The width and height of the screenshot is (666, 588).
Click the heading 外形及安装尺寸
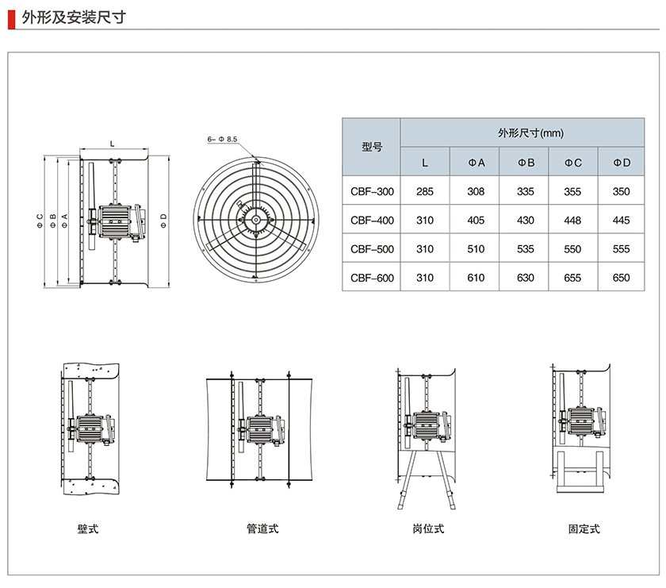pos(73,16)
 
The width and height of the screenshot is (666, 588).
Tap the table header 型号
pos(371,147)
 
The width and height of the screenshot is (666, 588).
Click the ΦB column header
pos(526,163)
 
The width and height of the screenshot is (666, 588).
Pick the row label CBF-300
pos(371,191)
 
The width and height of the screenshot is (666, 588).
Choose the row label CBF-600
pos(371,278)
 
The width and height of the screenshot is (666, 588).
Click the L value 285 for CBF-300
pos(425,191)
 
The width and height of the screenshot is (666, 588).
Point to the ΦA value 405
pos(476,220)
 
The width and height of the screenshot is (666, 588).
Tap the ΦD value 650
pos(622,278)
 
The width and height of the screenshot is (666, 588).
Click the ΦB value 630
pos(526,278)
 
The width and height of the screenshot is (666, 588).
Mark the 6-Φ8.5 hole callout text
pos(222,140)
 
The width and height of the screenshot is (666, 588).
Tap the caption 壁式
pos(88,528)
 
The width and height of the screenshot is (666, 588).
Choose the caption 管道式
pos(262,528)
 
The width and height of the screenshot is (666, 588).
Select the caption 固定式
pos(584,528)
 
